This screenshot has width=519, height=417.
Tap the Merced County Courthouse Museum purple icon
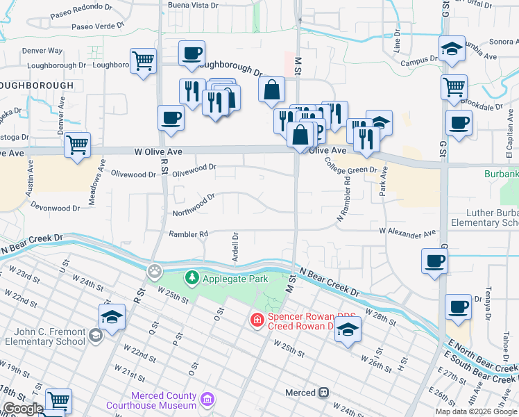point(207,399)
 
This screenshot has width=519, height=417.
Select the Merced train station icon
point(323,393)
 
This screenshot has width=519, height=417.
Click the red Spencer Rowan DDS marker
point(257,320)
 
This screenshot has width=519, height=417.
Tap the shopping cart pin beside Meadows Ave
point(77,145)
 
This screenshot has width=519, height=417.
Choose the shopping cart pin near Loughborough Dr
point(143,61)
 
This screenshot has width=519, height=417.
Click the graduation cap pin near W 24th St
point(112,317)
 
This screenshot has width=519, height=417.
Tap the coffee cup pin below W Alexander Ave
point(435,261)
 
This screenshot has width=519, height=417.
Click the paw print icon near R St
point(155,270)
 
